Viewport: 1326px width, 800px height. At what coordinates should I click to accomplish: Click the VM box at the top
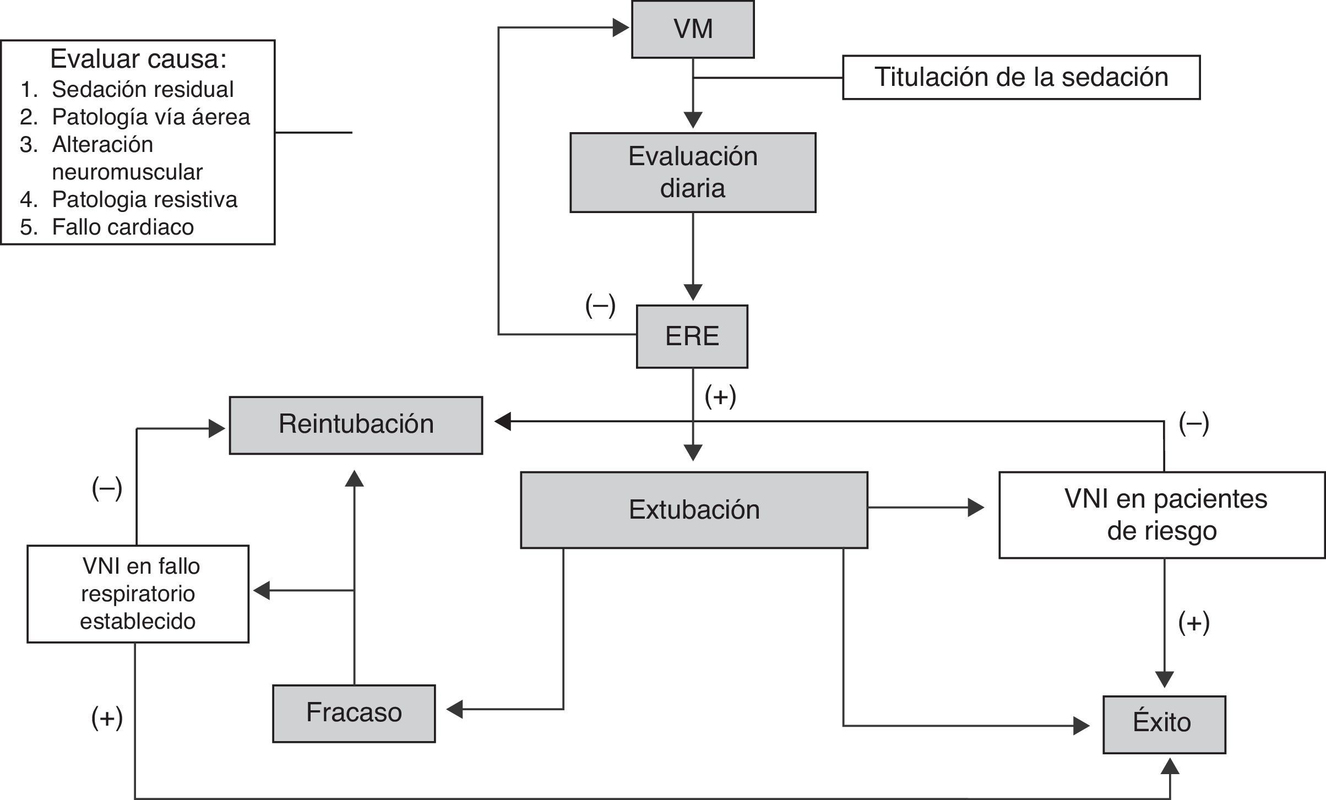point(693,29)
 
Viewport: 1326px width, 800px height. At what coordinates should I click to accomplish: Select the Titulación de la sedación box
point(1021,77)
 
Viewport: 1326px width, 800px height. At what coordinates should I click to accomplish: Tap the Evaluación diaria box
point(693,172)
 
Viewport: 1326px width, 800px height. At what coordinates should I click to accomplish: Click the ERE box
point(692,336)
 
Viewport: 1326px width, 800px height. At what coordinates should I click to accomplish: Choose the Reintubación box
point(356,425)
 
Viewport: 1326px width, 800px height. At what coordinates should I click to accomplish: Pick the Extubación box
point(694,510)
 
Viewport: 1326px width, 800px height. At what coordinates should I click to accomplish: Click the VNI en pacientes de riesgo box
point(1162,515)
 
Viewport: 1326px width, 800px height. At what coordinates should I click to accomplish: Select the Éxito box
point(1164,725)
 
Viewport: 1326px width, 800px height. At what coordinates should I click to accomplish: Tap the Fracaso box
point(354,714)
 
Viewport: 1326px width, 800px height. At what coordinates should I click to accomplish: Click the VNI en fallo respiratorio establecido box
point(138,594)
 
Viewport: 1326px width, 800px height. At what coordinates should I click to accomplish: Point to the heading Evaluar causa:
point(138,59)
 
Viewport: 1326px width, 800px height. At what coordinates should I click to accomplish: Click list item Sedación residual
point(143,89)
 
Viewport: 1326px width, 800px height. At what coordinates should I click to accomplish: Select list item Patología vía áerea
point(151,117)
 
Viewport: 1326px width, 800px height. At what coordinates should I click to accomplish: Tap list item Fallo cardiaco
point(123,227)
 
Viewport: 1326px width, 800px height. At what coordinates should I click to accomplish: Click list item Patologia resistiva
point(144,199)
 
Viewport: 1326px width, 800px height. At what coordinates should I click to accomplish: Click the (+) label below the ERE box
point(720,396)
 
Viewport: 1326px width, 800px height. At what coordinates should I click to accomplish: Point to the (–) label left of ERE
point(600,306)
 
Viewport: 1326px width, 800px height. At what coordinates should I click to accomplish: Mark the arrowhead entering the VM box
point(621,28)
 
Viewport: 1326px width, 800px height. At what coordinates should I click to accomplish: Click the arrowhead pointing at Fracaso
point(454,710)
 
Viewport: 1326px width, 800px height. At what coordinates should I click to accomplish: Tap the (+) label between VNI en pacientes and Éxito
point(1194,623)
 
